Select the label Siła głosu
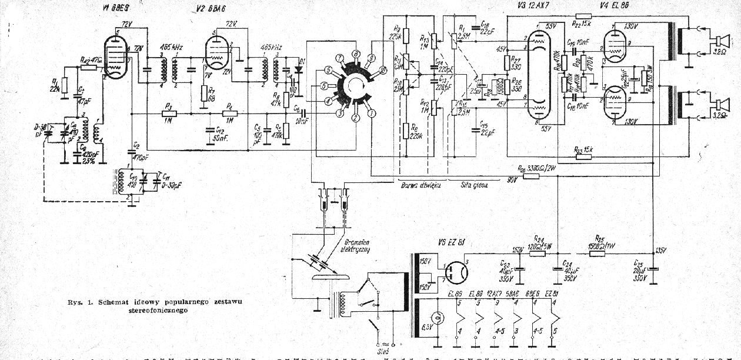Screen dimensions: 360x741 tap(477, 184)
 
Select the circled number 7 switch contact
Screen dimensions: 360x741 tap(340, 58)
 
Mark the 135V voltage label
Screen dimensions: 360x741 tap(660, 251)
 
